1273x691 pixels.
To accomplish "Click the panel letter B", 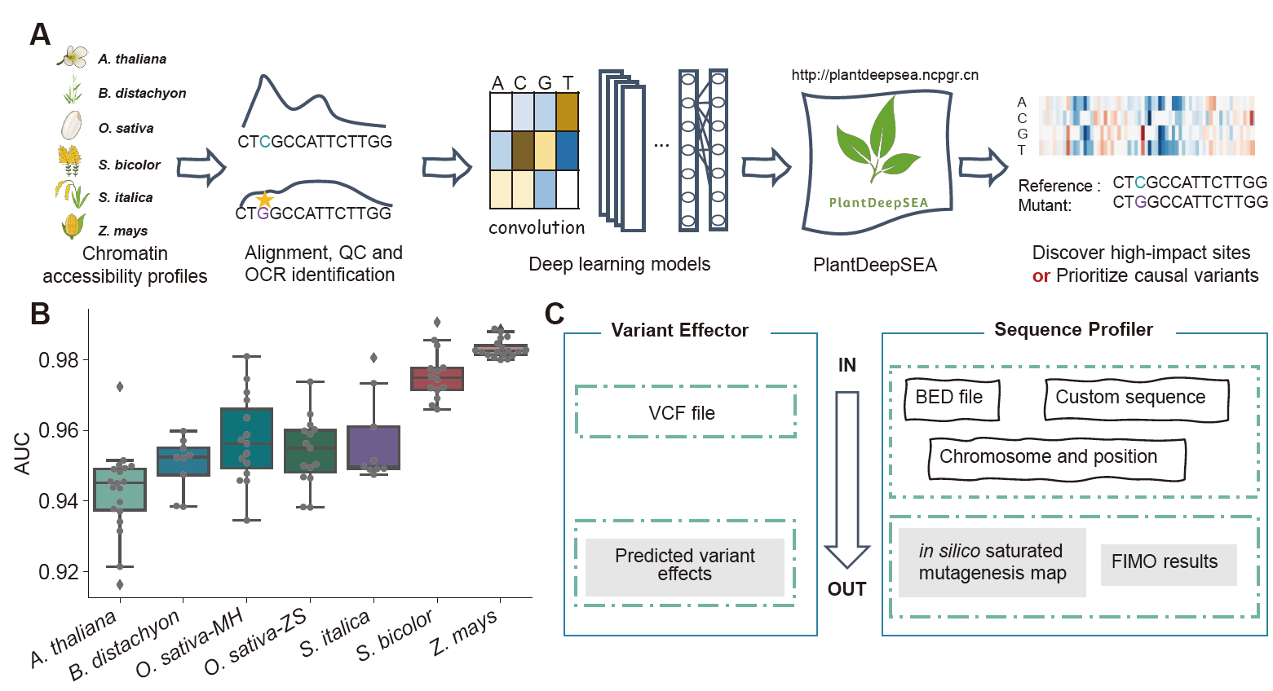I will point(40,314).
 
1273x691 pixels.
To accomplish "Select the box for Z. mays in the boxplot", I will point(501,350).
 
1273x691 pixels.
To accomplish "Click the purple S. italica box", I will point(374,447).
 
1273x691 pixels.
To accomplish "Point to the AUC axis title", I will point(22,454).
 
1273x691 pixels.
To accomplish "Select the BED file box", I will point(951,398).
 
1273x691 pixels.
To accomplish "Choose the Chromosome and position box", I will point(1056,458).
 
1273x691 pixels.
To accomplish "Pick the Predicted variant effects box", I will point(685,566).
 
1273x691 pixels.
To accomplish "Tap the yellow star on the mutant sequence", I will point(264,200).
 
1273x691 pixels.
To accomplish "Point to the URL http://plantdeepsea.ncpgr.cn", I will point(885,75).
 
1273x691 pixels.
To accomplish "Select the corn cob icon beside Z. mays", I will point(73,226).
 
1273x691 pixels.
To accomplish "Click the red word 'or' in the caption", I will point(1041,276).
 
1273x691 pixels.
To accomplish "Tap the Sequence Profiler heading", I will point(1073,330).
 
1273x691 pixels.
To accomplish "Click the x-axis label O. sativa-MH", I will point(189,644).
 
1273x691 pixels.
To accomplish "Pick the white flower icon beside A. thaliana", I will point(73,57).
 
